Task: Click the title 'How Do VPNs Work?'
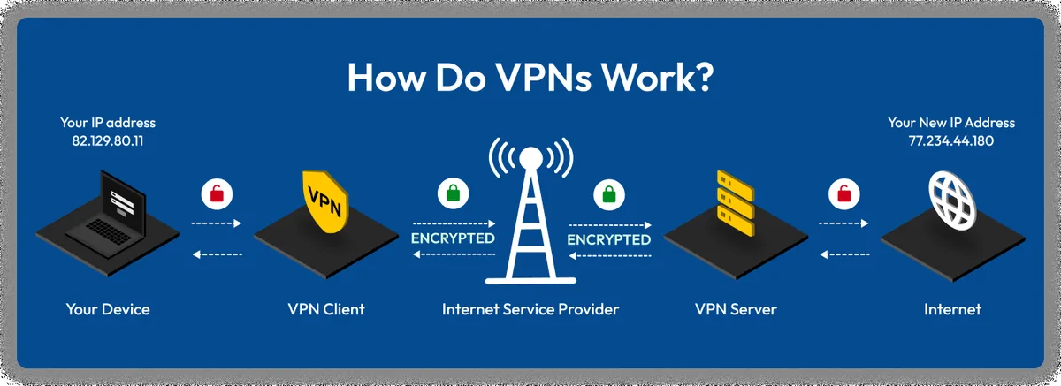coord(530,78)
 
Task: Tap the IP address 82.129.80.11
coord(107,140)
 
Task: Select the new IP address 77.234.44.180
coord(951,140)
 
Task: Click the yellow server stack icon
coord(733,204)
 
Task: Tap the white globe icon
coord(953,201)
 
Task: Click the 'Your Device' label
coord(108,309)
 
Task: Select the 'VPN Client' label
coord(326,309)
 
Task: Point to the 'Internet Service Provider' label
coord(530,309)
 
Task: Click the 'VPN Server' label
coord(736,309)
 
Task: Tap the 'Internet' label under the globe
coord(952,309)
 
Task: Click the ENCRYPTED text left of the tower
coord(453,239)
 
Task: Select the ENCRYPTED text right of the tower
coord(608,239)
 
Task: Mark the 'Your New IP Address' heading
coord(951,123)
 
